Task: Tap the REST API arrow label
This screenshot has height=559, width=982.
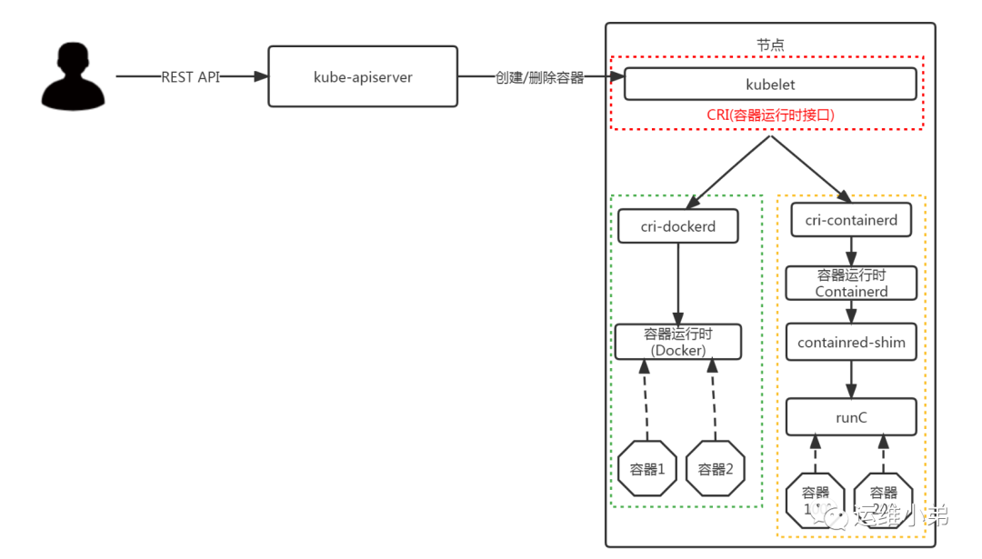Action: coord(190,77)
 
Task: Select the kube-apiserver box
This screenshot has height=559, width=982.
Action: coord(363,77)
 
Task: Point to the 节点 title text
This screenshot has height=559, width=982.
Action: coord(770,45)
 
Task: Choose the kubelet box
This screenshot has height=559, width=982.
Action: coord(770,85)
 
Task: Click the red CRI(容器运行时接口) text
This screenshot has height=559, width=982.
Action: coord(770,115)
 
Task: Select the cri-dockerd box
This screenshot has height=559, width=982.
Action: coord(678,226)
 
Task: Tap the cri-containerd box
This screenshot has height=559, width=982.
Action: coord(851,220)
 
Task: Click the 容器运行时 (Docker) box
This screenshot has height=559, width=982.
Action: coord(678,342)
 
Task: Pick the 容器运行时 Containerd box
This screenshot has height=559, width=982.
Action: coord(851,283)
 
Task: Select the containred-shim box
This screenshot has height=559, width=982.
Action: coord(851,342)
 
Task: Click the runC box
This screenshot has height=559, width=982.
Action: coord(851,416)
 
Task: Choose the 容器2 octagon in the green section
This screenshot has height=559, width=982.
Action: coord(716,469)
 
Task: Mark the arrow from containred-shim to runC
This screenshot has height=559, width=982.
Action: coord(851,380)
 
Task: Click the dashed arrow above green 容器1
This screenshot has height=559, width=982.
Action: coord(645,400)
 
